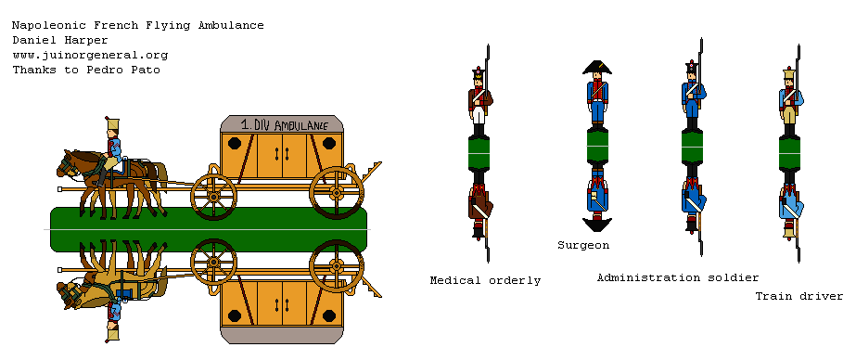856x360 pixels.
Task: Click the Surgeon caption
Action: tap(583, 245)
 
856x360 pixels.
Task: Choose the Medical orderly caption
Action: tap(485, 279)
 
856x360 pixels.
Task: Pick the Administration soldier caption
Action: tap(678, 277)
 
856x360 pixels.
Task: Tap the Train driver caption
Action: tap(799, 296)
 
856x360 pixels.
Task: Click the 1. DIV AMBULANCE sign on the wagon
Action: tap(284, 123)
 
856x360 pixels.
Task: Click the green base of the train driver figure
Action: tap(789, 148)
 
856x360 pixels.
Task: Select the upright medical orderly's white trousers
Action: tap(479, 115)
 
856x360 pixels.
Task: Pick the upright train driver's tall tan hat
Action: tap(789, 73)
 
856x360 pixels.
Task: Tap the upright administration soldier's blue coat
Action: tap(692, 95)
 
